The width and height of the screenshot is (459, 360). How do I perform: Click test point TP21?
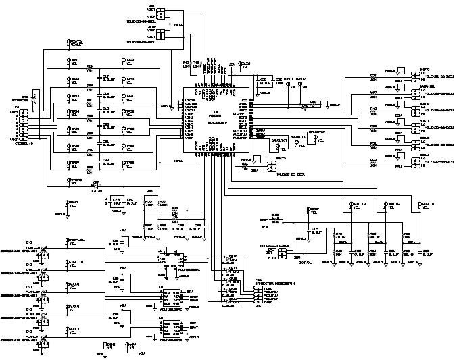tap(69, 61)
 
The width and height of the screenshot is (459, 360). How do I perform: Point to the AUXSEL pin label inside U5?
tap(240, 114)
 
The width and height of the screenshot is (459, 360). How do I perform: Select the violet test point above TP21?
tap(69, 43)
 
